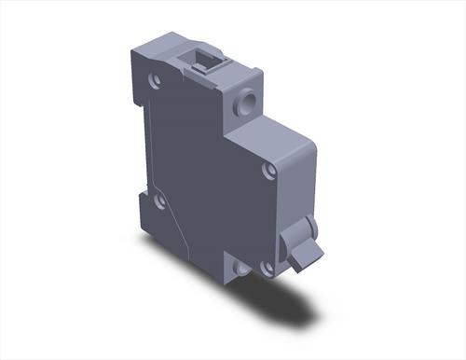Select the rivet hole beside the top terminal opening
click(155, 80)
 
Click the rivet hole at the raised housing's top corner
click(269, 171)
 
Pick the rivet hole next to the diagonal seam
click(159, 201)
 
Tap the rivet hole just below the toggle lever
click(267, 267)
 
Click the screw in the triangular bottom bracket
click(241, 269)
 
